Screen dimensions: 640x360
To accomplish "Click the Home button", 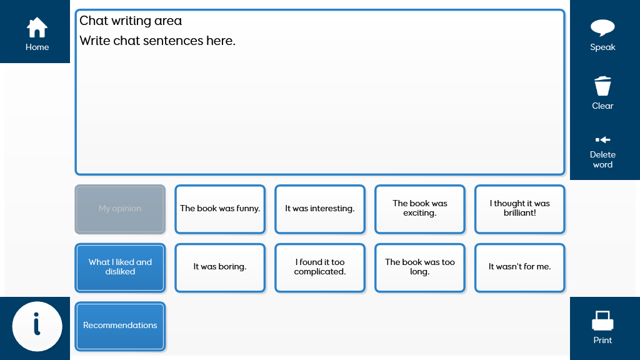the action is [x=35, y=31].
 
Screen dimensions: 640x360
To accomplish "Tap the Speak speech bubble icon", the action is [x=602, y=27].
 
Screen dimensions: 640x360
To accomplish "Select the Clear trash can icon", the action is [x=602, y=86].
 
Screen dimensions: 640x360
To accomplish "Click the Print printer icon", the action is [x=602, y=321].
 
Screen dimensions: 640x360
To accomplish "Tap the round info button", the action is [x=37, y=326].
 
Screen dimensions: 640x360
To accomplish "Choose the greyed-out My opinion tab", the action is [x=120, y=209].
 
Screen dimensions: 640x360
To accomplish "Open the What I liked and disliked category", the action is [x=120, y=267].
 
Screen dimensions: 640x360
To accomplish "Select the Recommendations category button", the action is [x=120, y=326].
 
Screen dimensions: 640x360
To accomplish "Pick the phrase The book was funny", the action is [x=220, y=209].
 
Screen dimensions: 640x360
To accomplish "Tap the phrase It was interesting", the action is [x=320, y=209].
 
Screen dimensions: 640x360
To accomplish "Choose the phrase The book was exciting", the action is [x=419, y=209].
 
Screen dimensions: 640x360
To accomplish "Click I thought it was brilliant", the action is [x=519, y=209].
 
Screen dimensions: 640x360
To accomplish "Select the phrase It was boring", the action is [x=220, y=267].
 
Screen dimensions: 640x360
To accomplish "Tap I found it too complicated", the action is [x=320, y=267].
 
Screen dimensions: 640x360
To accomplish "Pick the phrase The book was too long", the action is [x=419, y=267].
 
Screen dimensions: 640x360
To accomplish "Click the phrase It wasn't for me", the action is [x=519, y=267].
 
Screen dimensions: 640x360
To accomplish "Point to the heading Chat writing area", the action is [x=131, y=21].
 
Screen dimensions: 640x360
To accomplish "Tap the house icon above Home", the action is [x=37, y=27].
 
